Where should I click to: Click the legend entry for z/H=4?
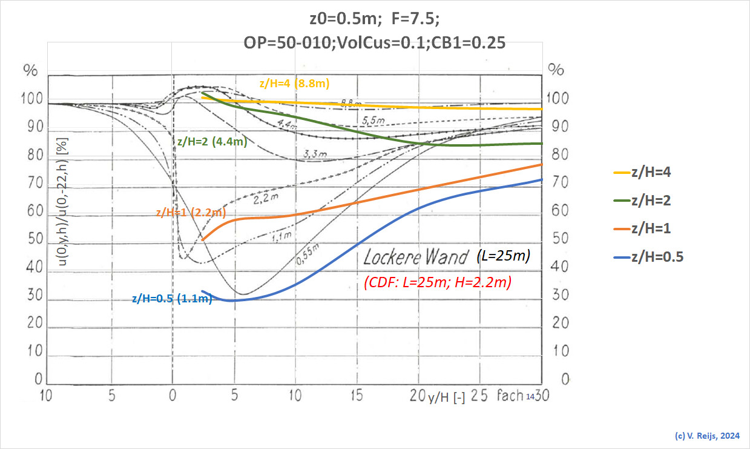pos(651,172)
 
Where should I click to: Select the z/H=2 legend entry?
pos(651,201)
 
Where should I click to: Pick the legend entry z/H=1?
pos(651,229)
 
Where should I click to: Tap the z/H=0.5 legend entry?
pos(657,258)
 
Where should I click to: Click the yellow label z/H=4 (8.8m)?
pos(294,84)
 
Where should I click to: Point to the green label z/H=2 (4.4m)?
pos(211,142)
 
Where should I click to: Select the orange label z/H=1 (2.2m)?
pos(191,213)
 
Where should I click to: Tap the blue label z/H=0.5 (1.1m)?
pos(171,298)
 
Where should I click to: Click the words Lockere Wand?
pos(416,258)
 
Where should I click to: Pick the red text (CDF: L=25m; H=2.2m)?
pos(438,282)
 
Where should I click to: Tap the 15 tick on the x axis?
pos(356,397)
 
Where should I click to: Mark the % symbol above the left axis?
pos(30,69)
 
